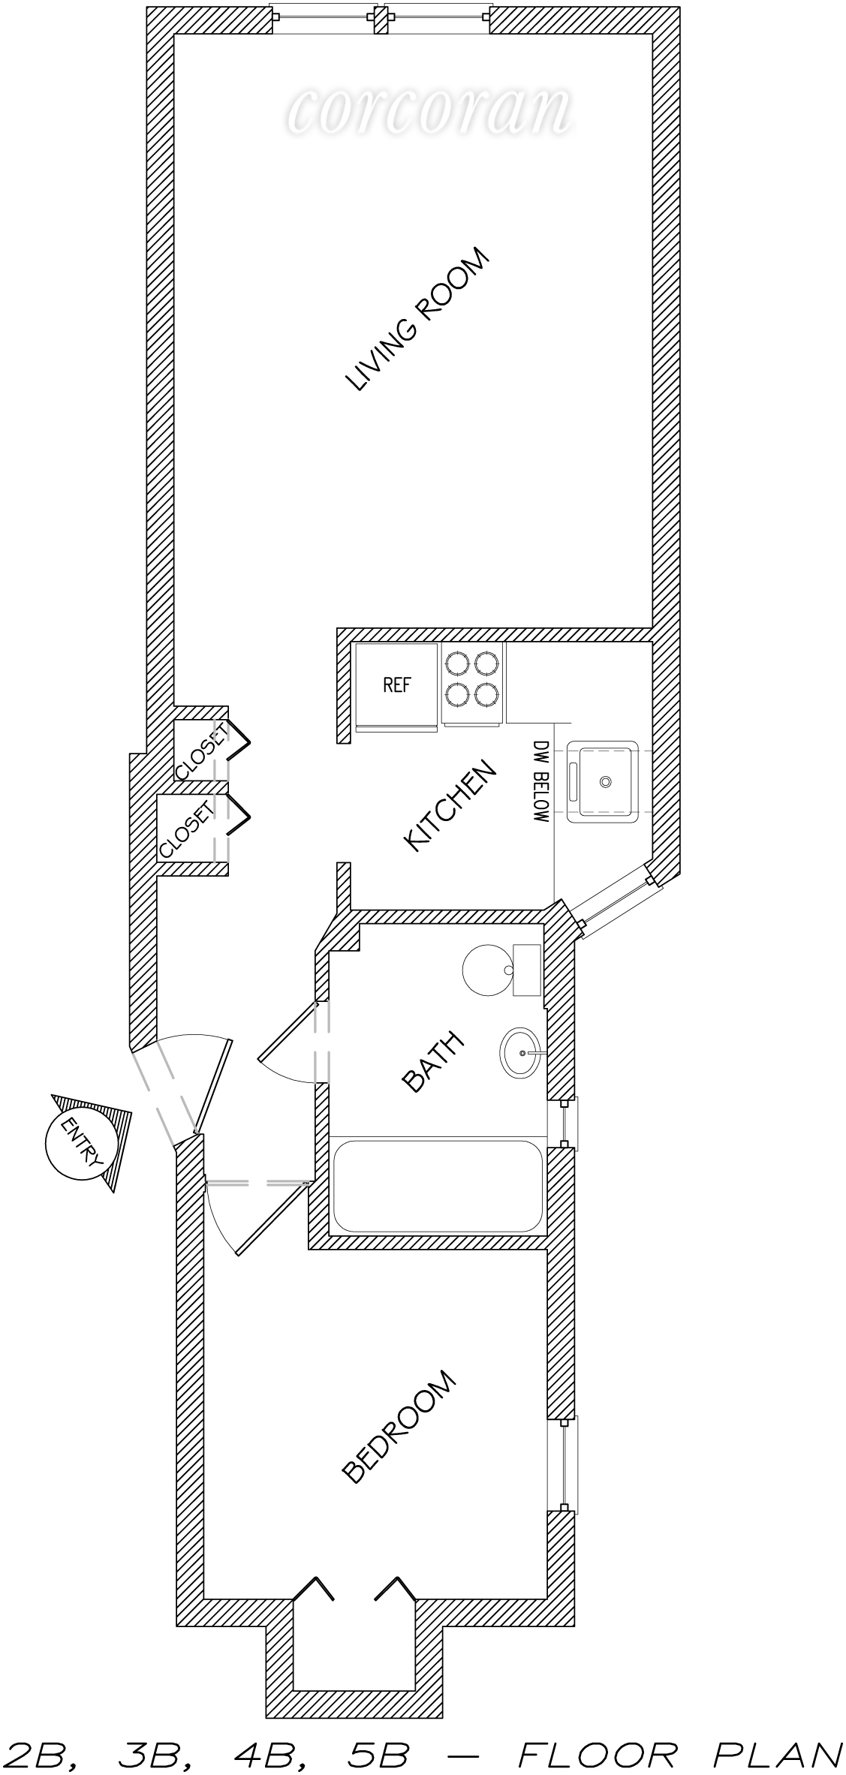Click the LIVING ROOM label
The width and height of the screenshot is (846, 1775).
click(417, 320)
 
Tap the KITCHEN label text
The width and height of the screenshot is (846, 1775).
click(450, 806)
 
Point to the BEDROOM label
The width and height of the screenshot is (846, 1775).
click(399, 1427)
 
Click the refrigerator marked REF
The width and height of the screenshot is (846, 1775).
click(396, 686)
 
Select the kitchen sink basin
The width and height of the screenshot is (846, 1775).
click(603, 781)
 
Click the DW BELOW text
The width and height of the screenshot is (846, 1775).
click(541, 781)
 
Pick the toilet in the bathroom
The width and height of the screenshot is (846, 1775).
click(501, 969)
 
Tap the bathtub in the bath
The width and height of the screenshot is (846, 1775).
click(437, 1184)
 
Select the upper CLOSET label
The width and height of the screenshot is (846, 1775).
click(201, 751)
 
